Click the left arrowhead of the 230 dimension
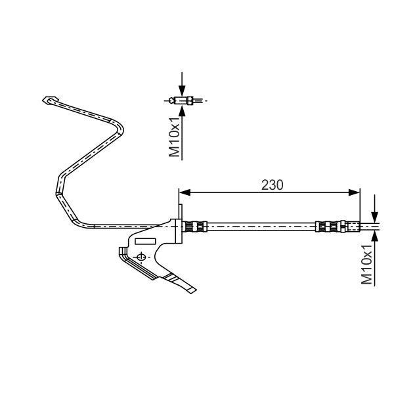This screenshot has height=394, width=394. point(185,192)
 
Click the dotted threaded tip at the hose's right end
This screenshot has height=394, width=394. point(354,227)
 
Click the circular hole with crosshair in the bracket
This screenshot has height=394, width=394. point(139,256)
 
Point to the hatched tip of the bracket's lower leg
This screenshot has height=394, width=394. point(191,288)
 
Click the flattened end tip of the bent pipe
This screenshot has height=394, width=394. point(47,100)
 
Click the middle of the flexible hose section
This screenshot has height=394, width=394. point(263,227)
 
